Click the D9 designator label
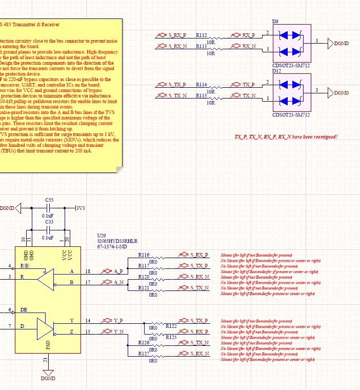coord(275,22)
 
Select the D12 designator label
coord(276,71)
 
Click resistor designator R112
coord(201,35)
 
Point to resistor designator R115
coord(201,95)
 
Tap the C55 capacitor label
coord(49,199)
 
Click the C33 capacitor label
coord(49,222)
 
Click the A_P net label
coord(118,271)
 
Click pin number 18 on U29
coord(88,270)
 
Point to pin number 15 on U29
coord(88,331)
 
